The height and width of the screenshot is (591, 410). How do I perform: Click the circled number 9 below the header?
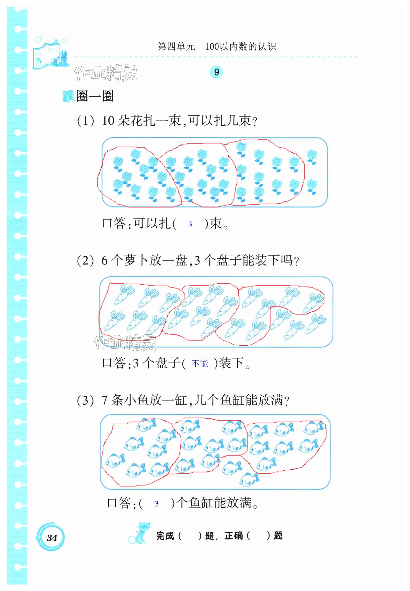(x=216, y=72)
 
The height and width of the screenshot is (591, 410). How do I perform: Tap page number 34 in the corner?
(x=52, y=538)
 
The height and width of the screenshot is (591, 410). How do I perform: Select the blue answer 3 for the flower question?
(x=190, y=224)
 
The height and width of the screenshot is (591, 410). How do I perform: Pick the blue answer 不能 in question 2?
(x=200, y=363)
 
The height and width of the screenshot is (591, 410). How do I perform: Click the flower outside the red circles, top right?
(x=312, y=157)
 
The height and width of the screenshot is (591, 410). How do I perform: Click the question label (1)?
(x=86, y=121)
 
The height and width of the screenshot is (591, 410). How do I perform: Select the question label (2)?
(x=86, y=261)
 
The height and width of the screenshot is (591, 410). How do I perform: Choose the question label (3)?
(x=86, y=401)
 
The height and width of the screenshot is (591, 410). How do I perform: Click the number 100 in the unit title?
(x=212, y=46)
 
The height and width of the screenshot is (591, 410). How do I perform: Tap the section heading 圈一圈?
(x=95, y=96)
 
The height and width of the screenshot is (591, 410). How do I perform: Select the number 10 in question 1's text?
(x=108, y=121)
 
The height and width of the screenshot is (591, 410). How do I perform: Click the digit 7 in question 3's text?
(x=104, y=401)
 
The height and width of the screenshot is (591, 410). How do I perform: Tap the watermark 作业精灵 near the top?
(x=106, y=73)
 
